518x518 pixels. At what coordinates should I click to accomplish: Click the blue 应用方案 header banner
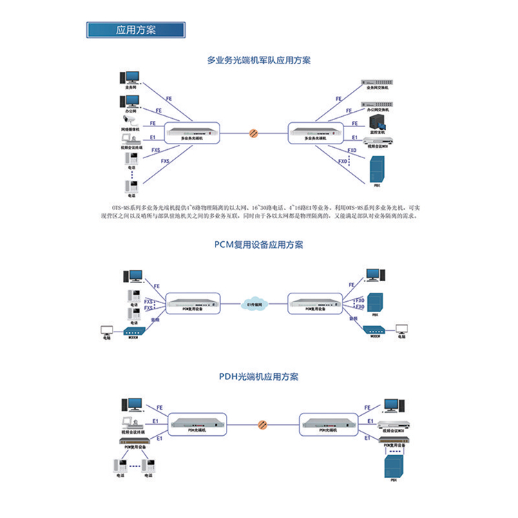tap(135, 31)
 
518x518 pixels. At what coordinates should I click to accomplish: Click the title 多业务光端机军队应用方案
tap(259, 60)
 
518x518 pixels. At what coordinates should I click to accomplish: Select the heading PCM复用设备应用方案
tap(259, 244)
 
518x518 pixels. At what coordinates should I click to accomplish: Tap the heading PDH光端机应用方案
tap(259, 377)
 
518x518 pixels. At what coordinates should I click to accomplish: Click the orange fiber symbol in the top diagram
tap(254, 131)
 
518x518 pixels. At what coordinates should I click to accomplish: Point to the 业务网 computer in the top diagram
tap(130, 77)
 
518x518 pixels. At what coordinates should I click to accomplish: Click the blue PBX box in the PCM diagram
tap(375, 303)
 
